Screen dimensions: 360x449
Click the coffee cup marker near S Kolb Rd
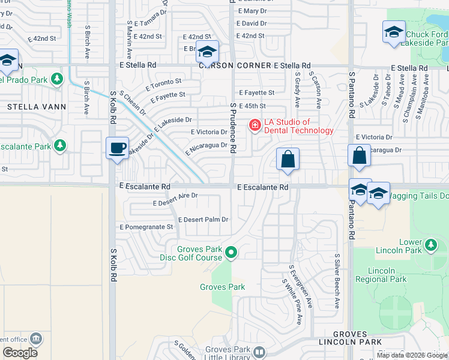pos(118,147)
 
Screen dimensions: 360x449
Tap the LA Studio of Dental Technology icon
pos(255,125)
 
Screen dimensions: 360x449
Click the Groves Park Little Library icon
pos(259,352)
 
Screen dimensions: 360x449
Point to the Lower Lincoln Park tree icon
pos(430,245)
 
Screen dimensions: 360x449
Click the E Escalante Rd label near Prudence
pos(263,188)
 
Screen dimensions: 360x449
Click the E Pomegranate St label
pos(146,227)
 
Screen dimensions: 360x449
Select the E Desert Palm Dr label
pos(203,220)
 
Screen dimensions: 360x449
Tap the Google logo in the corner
pos(20,352)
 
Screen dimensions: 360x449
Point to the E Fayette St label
pos(256,93)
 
